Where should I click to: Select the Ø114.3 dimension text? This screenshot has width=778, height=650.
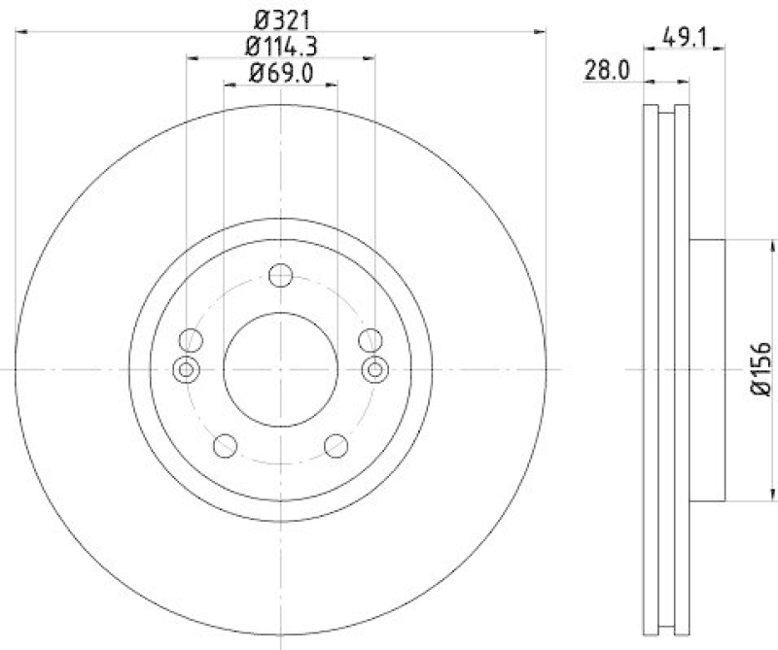pos(282,45)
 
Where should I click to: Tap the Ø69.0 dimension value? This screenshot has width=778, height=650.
pos(282,72)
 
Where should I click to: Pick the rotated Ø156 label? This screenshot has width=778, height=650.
pos(761,369)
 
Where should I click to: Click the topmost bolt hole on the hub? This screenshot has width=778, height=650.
pos(281,275)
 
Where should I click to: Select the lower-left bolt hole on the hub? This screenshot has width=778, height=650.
pos(226,445)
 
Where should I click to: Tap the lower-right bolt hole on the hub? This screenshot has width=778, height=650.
pos(336,445)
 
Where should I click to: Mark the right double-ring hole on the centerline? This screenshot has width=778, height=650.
pos(375,368)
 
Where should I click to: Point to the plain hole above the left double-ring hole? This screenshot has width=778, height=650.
pos(192,340)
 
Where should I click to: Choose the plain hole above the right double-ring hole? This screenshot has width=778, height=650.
pos(370,340)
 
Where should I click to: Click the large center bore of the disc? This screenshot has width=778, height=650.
pos(281,368)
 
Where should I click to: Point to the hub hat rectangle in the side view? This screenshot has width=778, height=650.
pos(707,369)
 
